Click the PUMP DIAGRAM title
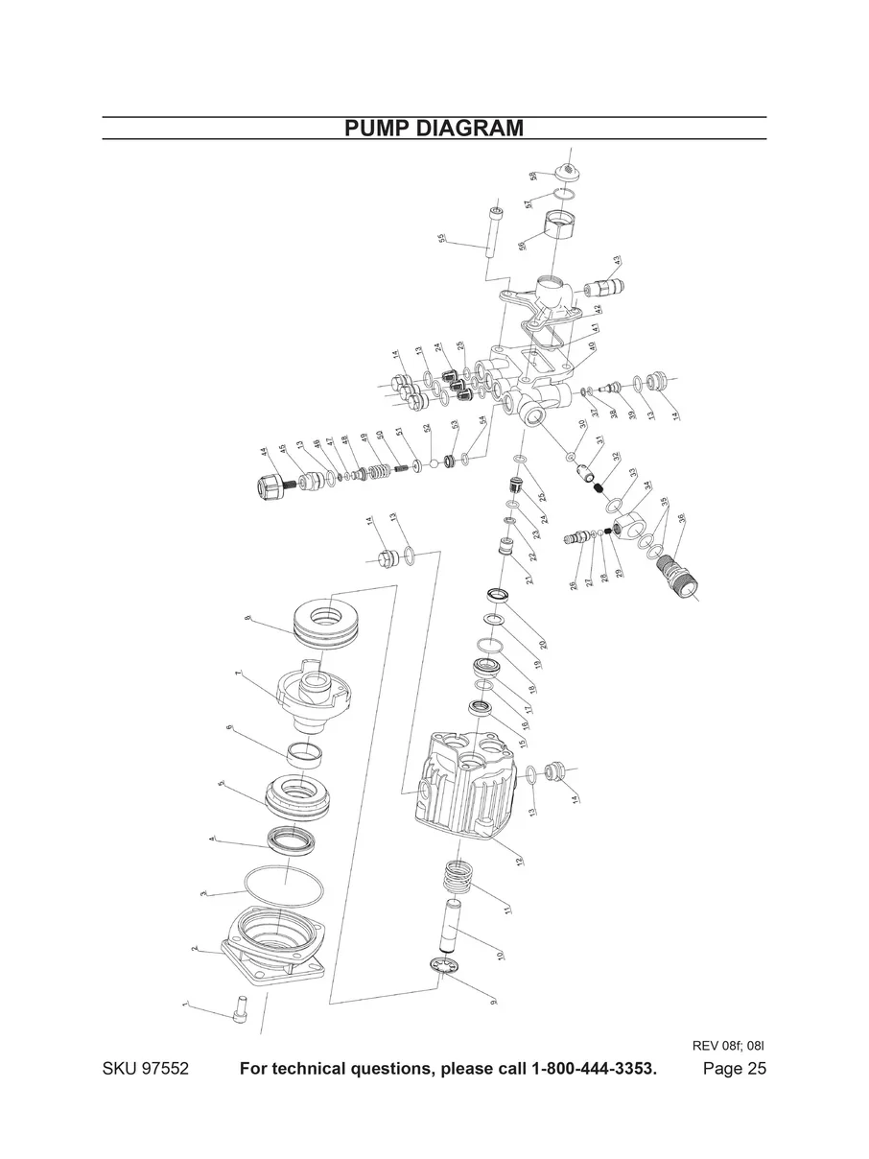click(x=434, y=129)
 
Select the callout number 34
click(x=646, y=486)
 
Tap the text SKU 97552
click(x=145, y=1069)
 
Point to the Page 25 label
click(x=734, y=1069)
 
